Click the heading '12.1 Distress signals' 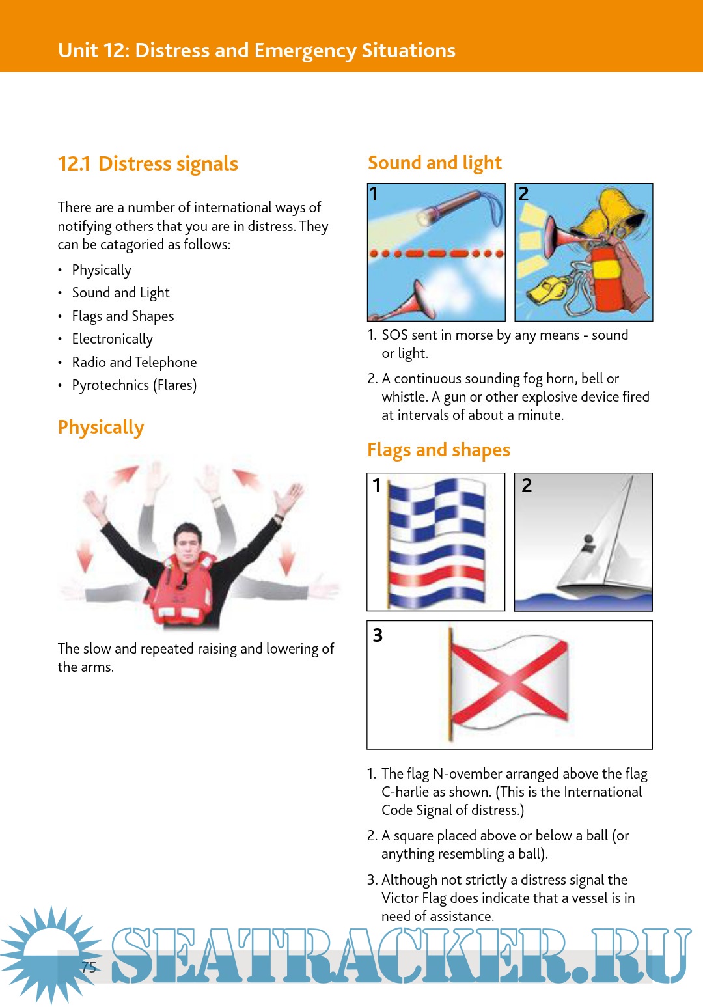click(148, 164)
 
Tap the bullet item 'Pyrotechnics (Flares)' click(134, 385)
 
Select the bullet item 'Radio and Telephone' click(134, 363)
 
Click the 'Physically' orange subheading click(101, 428)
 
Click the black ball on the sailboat click(589, 540)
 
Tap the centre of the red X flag click(508, 683)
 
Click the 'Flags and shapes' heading click(438, 450)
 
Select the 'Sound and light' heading click(434, 163)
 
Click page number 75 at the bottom click(89, 967)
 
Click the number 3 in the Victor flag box click(378, 635)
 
